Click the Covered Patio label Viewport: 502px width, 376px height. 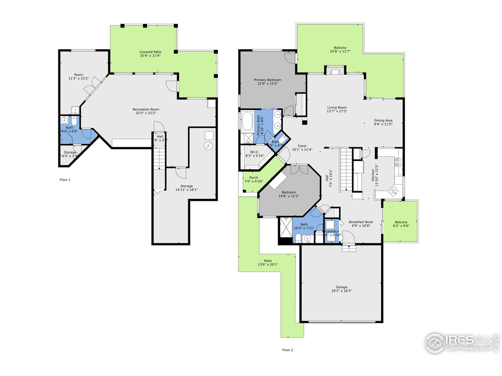pos(150,52)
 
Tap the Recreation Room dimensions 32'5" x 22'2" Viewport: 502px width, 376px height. pos(146,113)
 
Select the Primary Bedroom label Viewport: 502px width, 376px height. pos(267,80)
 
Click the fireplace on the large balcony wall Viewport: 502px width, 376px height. pos(335,70)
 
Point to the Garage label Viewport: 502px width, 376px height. pos(341,287)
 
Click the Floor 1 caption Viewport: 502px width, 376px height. pos(65,180)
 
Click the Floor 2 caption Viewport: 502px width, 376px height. pos(287,350)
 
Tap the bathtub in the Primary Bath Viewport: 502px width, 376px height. pos(248,121)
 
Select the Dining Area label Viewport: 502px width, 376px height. pos(383,121)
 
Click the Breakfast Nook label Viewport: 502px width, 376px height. pos(361,222)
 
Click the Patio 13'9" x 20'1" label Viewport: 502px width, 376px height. pos(267,261)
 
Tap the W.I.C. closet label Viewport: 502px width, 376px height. pos(255,152)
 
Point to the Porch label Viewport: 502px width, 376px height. pos(254,178)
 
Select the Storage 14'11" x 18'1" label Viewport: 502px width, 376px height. pos(186,186)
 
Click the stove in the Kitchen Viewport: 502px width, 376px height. pos(398,161)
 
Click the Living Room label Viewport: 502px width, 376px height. pos(337,107)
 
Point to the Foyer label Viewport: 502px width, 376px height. pos(302,146)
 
